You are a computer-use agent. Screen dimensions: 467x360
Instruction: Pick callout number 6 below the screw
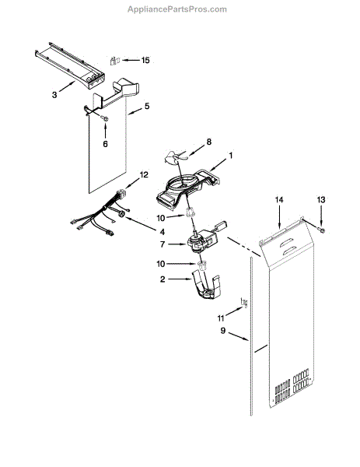click(x=106, y=143)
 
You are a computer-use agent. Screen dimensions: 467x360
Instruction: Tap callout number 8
click(x=208, y=142)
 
